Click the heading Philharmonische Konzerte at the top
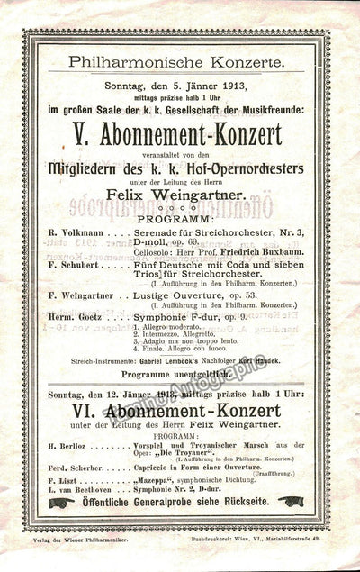click(181, 62)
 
